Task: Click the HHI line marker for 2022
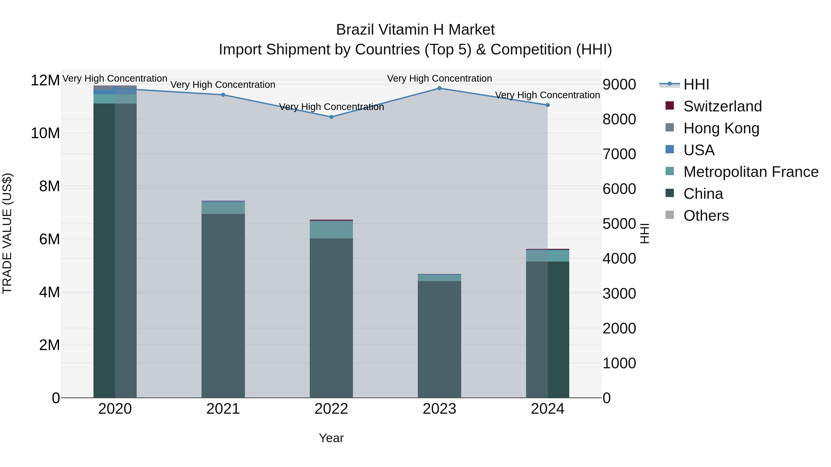pos(331,117)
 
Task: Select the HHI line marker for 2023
pos(439,88)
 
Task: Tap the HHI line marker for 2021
pos(223,95)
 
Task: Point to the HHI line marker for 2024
pos(548,105)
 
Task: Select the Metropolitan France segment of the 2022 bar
pos(331,229)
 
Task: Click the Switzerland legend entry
pos(722,106)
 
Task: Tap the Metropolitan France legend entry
pos(750,172)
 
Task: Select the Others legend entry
pos(706,216)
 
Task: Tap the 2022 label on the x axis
pos(331,409)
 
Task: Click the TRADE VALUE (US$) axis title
pos(7,233)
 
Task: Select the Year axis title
pos(331,438)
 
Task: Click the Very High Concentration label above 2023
pos(439,78)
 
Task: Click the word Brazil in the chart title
pos(355,30)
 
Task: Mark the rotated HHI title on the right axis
pos(644,233)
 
